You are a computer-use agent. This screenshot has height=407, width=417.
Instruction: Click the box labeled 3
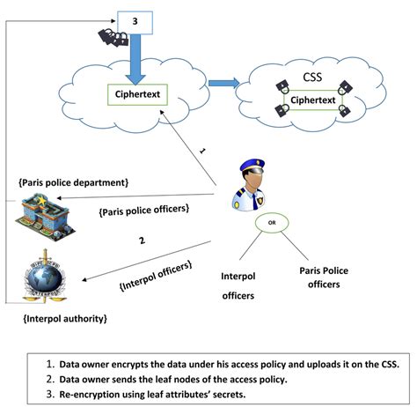(x=135, y=18)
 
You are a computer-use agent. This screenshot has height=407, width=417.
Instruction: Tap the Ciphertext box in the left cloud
(x=137, y=92)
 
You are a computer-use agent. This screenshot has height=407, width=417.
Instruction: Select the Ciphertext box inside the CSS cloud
(x=313, y=100)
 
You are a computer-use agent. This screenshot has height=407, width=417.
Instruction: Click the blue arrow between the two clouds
(x=221, y=85)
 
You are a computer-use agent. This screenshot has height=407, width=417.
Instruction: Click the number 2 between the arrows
(x=141, y=240)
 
